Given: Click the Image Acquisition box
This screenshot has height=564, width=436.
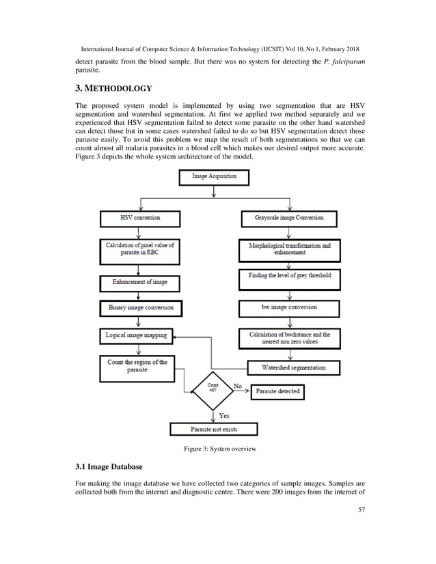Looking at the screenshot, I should click(x=214, y=177).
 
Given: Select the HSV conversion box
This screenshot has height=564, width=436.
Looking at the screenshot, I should click(x=139, y=218).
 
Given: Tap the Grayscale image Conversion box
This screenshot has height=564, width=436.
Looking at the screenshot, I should click(x=288, y=218).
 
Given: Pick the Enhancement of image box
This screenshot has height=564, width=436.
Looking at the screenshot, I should click(x=139, y=281).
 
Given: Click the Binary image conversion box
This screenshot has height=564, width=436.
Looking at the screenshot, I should click(x=140, y=308).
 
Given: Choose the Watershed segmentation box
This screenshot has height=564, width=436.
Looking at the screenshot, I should click(x=294, y=367).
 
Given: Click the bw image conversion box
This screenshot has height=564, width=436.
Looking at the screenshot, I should click(x=288, y=308).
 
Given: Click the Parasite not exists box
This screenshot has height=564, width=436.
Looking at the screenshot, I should click(x=214, y=429).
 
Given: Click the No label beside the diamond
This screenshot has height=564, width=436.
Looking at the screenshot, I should click(x=238, y=386).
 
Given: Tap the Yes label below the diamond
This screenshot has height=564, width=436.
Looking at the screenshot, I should click(x=223, y=415).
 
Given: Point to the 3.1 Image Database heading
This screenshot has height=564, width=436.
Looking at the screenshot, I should click(x=109, y=467).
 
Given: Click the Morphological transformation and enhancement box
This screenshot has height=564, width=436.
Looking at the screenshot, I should click(x=288, y=249).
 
